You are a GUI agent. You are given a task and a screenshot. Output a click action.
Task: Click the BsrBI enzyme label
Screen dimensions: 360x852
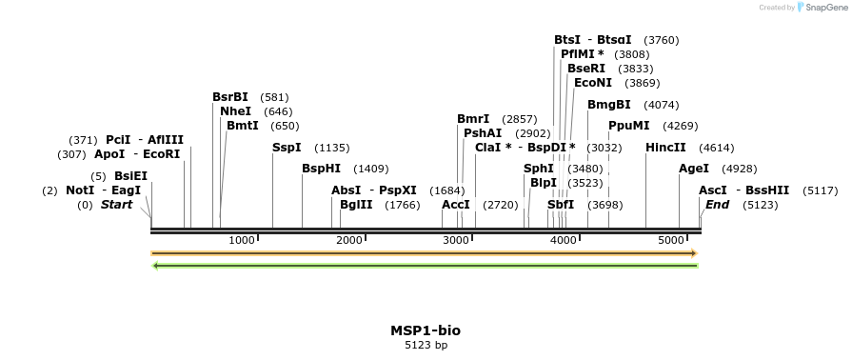(230, 97)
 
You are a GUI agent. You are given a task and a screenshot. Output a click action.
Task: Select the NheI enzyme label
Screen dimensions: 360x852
(235, 111)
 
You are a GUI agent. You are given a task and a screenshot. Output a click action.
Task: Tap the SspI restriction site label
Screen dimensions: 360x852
(287, 148)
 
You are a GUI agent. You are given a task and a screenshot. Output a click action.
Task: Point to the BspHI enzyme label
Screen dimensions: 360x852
(321, 169)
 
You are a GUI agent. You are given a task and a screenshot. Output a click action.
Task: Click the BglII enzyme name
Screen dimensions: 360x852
(356, 205)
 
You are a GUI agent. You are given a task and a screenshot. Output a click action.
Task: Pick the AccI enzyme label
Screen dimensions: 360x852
(456, 205)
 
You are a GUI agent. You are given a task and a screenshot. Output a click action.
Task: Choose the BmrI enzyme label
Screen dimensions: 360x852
(473, 119)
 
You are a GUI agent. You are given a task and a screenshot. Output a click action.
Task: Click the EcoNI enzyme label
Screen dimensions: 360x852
(593, 83)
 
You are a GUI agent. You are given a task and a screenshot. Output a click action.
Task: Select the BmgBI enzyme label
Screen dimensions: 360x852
(609, 105)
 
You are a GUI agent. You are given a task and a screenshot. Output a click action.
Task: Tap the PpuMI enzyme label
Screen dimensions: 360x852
(629, 126)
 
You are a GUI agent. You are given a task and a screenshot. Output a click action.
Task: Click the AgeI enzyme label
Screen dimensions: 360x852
(694, 169)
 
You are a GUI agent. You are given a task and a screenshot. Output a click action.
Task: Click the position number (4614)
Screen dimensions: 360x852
(716, 148)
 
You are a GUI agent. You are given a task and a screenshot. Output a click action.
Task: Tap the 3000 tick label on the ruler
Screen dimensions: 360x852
(457, 239)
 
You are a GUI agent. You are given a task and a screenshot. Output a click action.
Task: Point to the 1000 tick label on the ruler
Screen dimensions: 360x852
(242, 239)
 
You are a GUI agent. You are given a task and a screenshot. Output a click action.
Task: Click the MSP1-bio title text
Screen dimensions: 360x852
(426, 330)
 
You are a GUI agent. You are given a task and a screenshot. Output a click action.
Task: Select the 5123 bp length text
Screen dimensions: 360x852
(426, 345)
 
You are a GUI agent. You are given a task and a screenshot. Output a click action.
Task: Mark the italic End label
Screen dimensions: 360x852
(717, 205)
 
